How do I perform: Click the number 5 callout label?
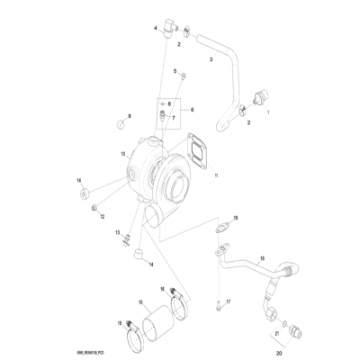click(175, 70)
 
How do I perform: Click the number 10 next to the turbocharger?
click(123, 155)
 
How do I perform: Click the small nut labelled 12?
click(95, 211)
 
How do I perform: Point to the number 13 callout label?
click(117, 233)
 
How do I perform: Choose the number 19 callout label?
click(235, 219)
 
